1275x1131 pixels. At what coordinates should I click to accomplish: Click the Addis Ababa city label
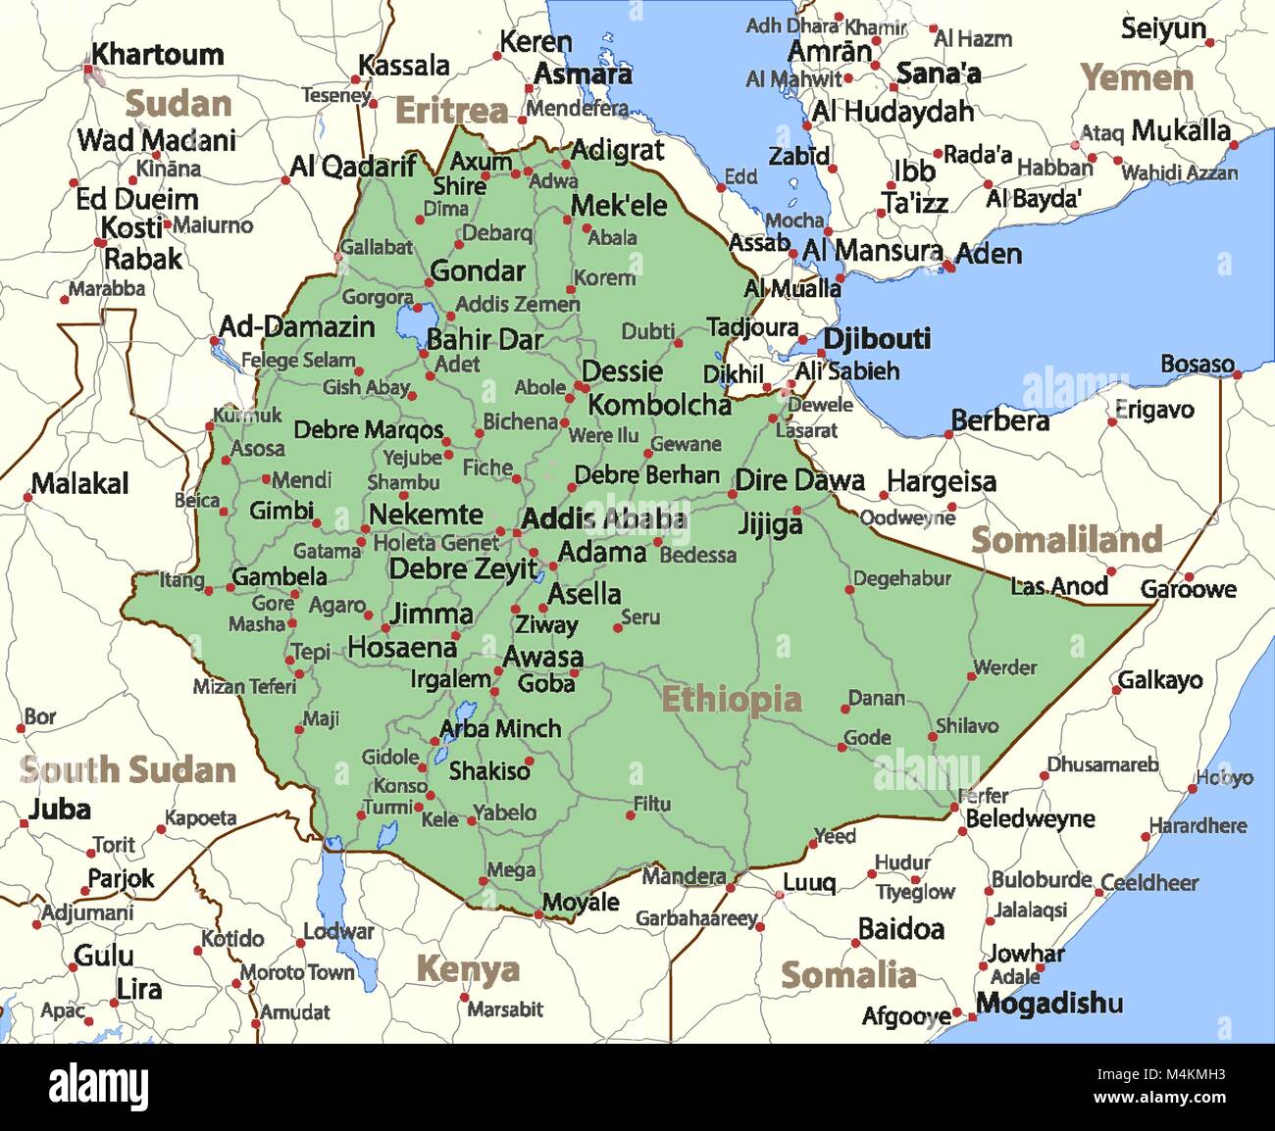[603, 518]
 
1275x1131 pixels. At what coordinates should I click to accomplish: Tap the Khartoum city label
[157, 55]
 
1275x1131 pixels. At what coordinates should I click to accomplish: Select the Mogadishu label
[1048, 1004]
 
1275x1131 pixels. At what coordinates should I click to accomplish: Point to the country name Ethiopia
[731, 699]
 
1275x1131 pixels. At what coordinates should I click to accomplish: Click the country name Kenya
[468, 969]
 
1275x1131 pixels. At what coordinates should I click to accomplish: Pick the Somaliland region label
[1066, 540]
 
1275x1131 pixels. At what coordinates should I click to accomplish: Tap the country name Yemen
[1136, 77]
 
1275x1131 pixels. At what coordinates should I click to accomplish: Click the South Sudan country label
[127, 770]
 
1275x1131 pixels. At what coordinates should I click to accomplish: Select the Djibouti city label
[876, 339]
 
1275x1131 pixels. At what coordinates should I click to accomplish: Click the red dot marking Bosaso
[1238, 374]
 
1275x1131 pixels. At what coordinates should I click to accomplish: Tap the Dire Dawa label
[799, 480]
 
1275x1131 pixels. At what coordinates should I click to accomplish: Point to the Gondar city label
[478, 270]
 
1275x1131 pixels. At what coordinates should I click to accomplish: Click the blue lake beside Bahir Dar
[412, 320]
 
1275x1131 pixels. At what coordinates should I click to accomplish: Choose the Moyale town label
[581, 902]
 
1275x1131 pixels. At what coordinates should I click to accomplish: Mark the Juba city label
[60, 810]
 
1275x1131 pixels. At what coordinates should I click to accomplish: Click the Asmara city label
[583, 74]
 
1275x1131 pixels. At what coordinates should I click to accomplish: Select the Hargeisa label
[941, 481]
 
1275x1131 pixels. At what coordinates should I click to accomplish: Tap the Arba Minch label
[500, 728]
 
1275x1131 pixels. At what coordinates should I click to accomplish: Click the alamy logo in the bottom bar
[99, 1087]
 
